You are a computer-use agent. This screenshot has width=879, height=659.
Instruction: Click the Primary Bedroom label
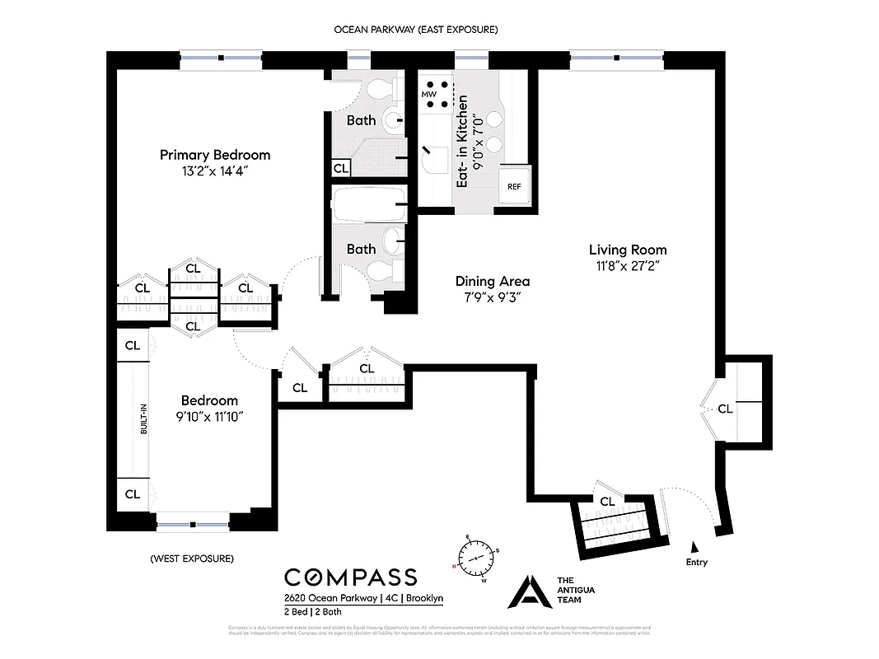click(x=214, y=155)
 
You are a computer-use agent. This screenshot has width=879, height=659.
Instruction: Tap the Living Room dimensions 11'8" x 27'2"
click(x=628, y=266)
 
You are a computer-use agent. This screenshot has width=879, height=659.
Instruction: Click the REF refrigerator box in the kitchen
click(x=514, y=186)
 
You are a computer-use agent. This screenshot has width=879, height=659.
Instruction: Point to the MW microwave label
click(x=428, y=95)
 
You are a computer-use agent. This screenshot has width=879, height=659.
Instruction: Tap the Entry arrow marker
click(x=695, y=546)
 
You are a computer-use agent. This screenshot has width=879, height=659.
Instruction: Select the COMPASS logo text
click(x=350, y=577)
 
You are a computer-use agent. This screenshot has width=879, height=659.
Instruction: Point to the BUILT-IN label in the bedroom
click(x=143, y=418)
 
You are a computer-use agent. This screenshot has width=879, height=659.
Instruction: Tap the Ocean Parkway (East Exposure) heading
click(x=415, y=30)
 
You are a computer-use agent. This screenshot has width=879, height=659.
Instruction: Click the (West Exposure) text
click(x=192, y=559)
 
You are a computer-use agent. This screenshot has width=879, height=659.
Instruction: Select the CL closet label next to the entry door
click(x=607, y=501)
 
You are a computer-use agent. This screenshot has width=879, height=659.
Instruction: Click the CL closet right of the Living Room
click(x=725, y=409)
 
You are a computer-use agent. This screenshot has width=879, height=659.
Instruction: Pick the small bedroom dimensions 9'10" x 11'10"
click(x=210, y=417)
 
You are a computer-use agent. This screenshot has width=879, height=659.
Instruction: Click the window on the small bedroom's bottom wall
click(x=193, y=523)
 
